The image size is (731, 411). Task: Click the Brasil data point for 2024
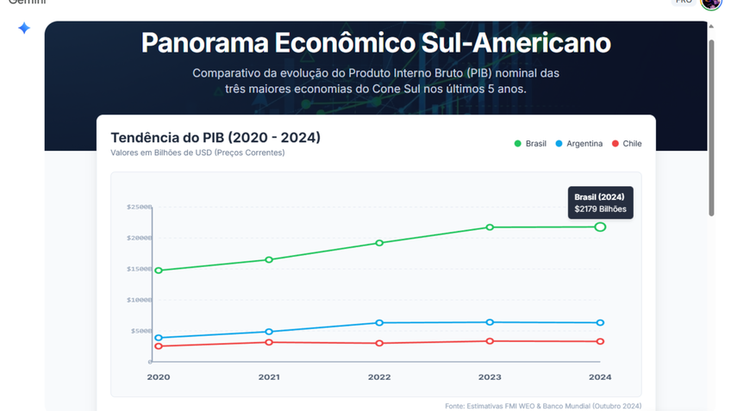point(600,227)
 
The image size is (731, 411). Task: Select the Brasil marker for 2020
point(159,271)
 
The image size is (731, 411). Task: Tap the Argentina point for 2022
point(379,323)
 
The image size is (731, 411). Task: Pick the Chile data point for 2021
point(269,342)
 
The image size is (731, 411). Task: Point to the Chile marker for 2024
point(600,341)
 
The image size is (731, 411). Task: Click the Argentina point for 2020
point(159,338)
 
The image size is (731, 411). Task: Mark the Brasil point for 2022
point(379,243)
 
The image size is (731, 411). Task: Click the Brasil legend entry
point(530,143)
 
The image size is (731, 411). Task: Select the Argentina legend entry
point(578,143)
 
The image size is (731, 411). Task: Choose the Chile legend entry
point(627,143)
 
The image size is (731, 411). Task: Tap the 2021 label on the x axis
point(269,377)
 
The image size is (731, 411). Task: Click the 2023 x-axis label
point(490,377)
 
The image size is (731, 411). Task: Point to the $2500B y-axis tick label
point(139,207)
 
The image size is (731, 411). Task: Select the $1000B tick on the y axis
point(139,300)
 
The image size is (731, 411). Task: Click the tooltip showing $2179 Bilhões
point(600,203)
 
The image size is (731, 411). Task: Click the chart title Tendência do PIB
point(216,138)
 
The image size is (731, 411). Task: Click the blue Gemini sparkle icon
point(24,28)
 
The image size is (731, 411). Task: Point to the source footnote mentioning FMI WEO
point(543,406)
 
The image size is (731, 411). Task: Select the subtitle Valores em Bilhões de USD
point(197,153)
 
